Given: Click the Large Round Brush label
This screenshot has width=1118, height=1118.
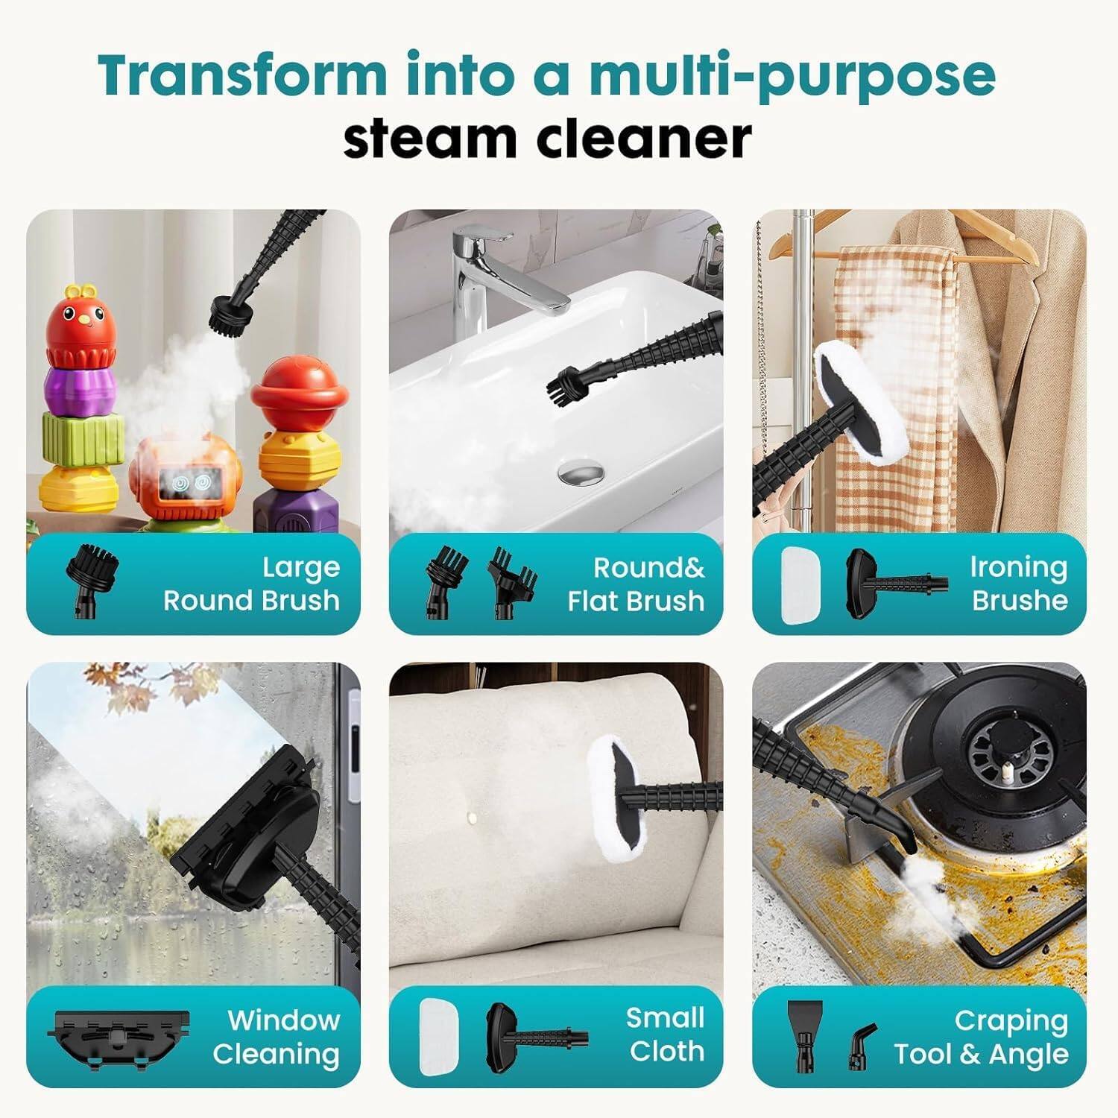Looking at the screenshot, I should click(x=251, y=584).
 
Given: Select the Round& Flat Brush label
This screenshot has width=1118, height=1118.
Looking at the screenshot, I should click(x=636, y=584).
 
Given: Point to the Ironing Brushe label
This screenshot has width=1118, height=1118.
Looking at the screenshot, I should click(x=1019, y=584).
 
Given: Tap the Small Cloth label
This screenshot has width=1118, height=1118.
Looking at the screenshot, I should click(x=666, y=1035).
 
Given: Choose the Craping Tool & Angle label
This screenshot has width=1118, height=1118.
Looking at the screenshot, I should click(x=982, y=1037).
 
